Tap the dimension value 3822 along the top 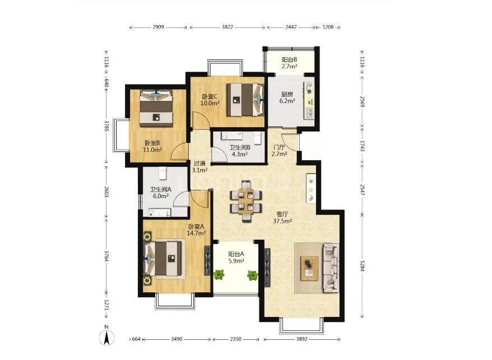point(228,27)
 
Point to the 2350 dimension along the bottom point(236,339)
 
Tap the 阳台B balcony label point(289,59)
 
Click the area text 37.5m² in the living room point(282,221)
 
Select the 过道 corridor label point(199,163)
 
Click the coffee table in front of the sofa point(309,268)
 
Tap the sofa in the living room point(331,268)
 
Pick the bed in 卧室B point(156,109)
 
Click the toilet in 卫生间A point(162,173)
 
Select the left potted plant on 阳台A point(219,275)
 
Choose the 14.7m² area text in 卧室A point(197,233)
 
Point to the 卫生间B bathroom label point(240,147)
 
